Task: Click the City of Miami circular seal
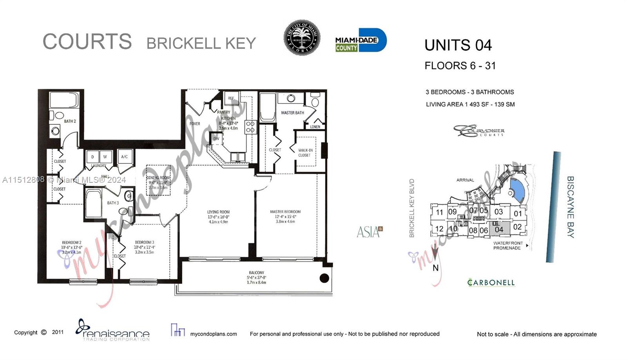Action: tap(302, 38)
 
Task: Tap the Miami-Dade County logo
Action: tap(361, 40)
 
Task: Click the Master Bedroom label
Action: tap(285, 212)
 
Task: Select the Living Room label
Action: tap(218, 212)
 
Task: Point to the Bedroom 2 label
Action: tap(71, 243)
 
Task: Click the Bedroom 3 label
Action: tap(144, 242)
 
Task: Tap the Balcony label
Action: tap(256, 273)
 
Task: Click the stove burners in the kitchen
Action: tap(250, 127)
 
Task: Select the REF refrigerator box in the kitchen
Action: tap(231, 98)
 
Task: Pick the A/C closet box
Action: tap(124, 157)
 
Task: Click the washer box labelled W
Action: tap(105, 157)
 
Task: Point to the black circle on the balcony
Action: tap(324, 278)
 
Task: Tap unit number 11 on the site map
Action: tap(439, 212)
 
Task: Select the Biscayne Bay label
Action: tap(571, 207)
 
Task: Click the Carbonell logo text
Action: tap(491, 282)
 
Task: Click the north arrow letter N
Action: tap(435, 268)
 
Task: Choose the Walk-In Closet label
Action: tap(305, 153)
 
